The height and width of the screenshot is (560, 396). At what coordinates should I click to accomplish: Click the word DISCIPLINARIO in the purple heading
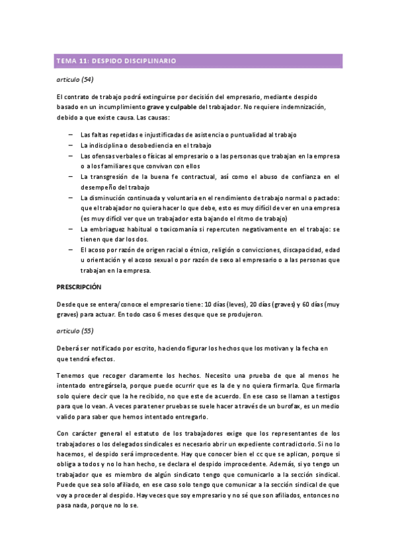[x=151, y=61]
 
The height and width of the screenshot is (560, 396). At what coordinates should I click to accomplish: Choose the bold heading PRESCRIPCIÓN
[x=79, y=287]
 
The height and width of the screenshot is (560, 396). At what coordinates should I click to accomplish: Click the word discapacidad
[x=297, y=250]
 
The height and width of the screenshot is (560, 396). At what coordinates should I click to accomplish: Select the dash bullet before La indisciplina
[x=71, y=145]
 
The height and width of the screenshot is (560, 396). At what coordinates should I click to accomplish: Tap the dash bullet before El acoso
[x=71, y=250]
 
